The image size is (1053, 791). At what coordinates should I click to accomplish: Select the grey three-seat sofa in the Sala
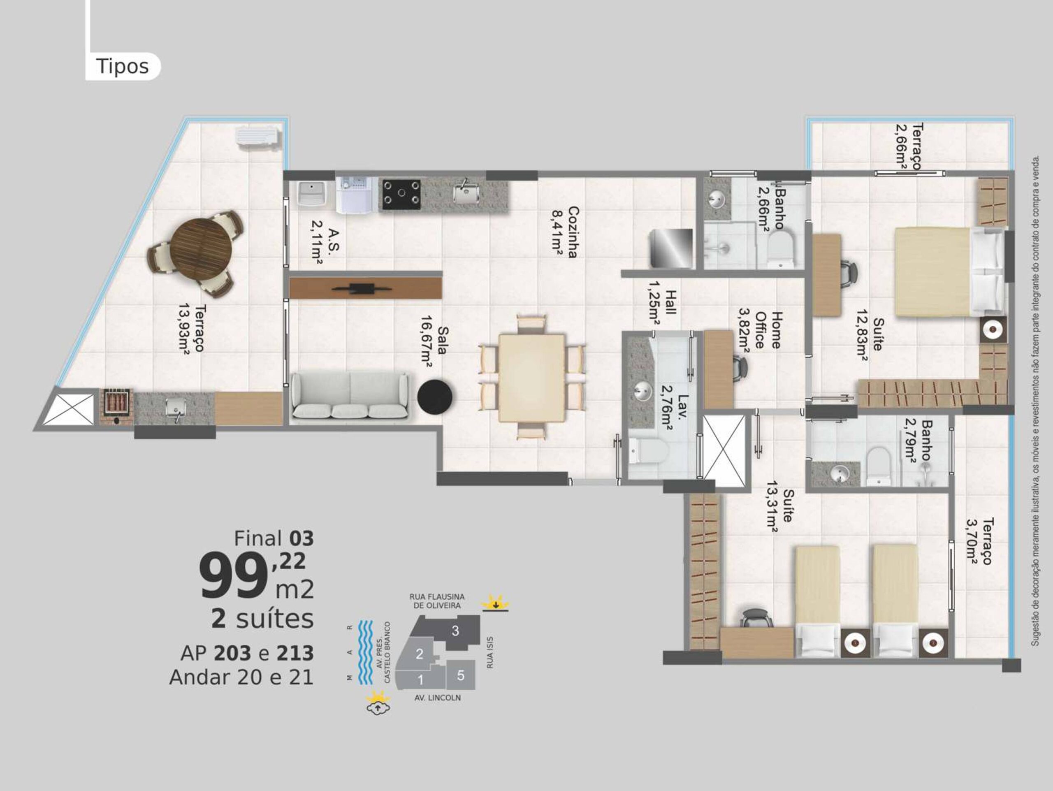point(350,396)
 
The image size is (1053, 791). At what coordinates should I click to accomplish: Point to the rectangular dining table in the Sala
point(532,378)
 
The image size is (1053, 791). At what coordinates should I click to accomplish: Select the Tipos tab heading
point(122,66)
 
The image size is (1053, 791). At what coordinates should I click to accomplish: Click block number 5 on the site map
point(460,675)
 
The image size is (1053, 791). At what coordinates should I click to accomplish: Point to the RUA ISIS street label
point(490,652)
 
